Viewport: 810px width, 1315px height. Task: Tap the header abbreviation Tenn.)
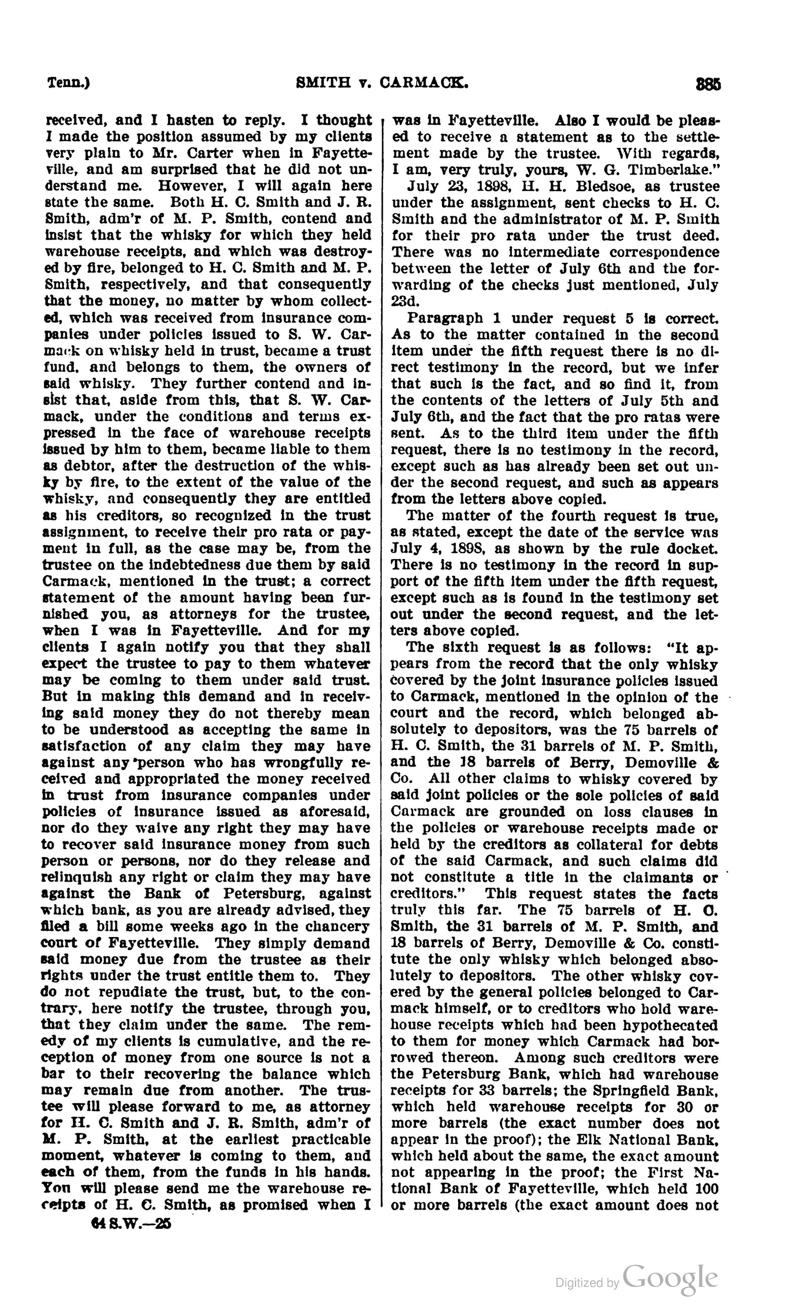(68, 83)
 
